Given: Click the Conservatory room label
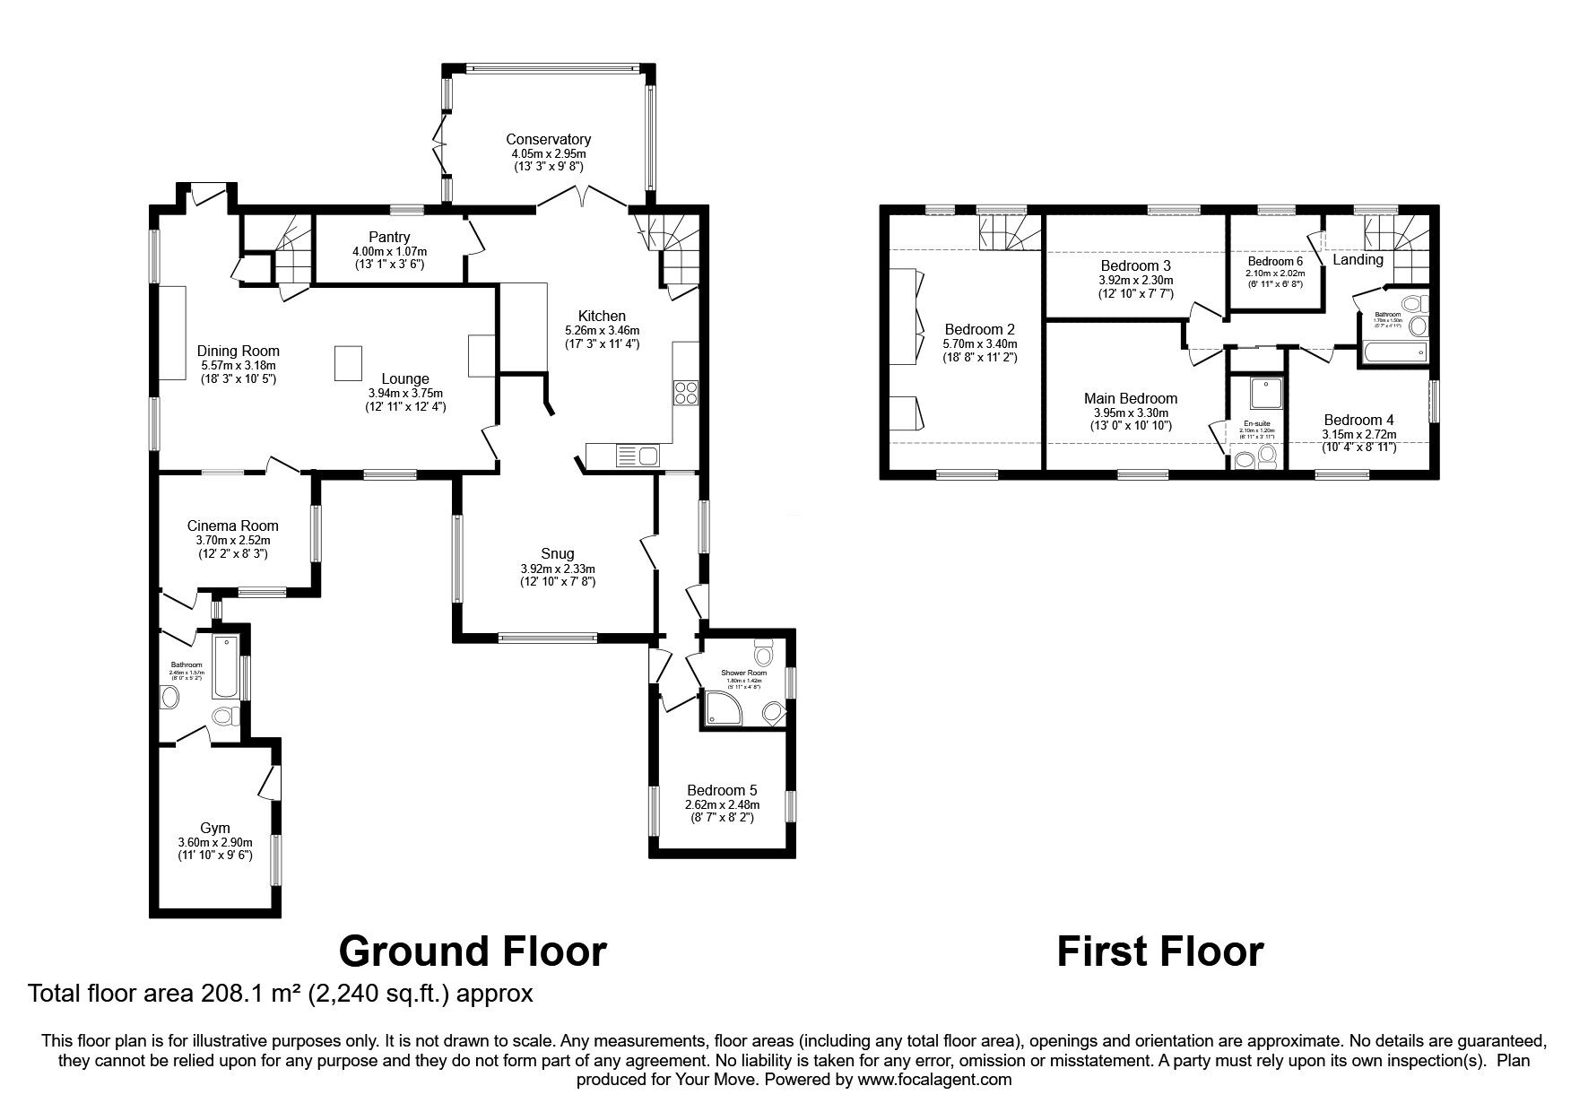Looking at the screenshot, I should coord(548,139).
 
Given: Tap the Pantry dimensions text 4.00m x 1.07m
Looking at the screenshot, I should coord(389,251).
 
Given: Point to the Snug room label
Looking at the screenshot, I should coord(557,553).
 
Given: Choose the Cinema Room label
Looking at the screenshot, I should coord(232,526).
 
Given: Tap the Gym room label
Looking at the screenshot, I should coord(214,828).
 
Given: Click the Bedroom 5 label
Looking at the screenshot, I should coord(721,790).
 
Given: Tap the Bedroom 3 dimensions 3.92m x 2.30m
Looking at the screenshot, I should coord(1135,280).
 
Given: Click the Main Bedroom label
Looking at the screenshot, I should coord(1130,398).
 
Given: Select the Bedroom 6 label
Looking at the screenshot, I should coord(1274,261).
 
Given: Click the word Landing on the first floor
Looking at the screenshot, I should coord(1358,259).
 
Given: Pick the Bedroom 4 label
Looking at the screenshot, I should coord(1358,420).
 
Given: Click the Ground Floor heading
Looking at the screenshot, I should coord(473,951).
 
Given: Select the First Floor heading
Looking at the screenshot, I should coord(1159,951).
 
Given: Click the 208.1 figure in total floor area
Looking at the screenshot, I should coord(225,994).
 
